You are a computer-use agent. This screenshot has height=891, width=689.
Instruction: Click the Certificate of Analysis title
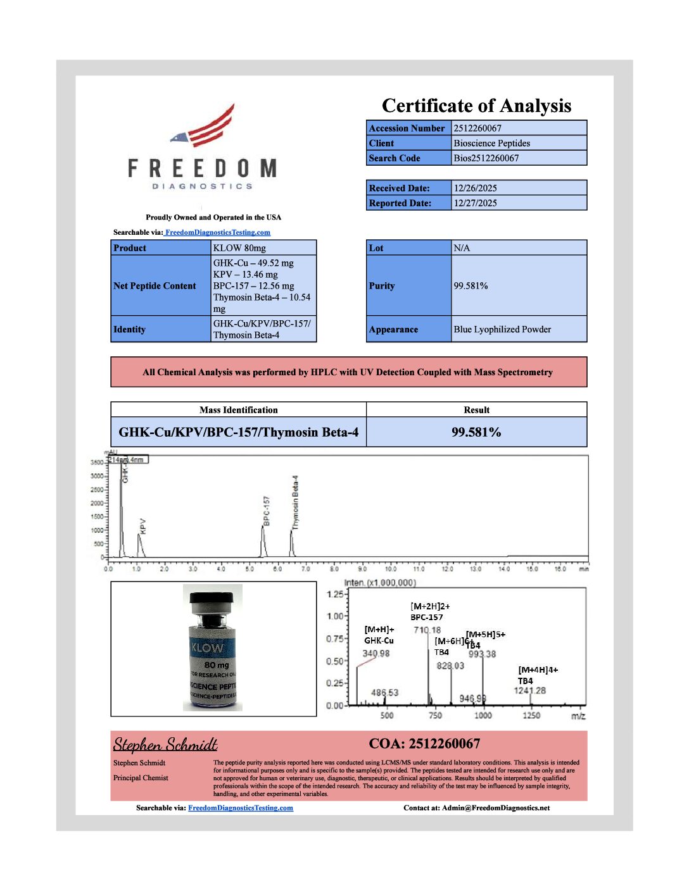[476, 106]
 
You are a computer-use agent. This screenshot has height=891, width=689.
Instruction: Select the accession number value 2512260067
[477, 128]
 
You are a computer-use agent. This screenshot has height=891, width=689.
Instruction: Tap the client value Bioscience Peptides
[491, 144]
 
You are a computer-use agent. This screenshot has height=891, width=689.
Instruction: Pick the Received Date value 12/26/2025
[475, 188]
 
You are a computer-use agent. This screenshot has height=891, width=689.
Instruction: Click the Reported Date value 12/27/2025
[475, 203]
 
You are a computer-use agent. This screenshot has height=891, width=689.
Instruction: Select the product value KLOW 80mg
[239, 248]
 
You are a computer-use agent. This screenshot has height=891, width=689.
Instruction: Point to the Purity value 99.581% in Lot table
[471, 286]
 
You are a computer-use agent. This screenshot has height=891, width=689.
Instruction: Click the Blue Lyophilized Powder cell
[502, 330]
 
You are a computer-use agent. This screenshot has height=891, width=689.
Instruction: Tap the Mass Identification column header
[238, 410]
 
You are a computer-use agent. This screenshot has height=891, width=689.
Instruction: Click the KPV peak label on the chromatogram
[142, 526]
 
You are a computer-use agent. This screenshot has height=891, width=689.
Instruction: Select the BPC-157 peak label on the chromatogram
[266, 510]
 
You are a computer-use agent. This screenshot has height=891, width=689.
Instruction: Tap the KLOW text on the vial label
[207, 648]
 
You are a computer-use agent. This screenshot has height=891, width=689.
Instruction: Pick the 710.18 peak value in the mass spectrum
[427, 630]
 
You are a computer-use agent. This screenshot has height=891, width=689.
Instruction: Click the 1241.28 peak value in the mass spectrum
[529, 690]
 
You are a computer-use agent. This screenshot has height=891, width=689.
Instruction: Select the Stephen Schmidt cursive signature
[165, 744]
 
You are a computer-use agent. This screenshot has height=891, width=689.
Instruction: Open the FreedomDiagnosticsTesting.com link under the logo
[217, 233]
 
